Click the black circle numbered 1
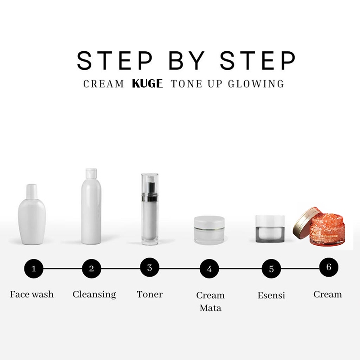click(x=34, y=268)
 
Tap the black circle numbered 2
click(x=91, y=268)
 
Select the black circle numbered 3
click(x=150, y=267)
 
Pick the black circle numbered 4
click(x=209, y=268)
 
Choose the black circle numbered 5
click(x=271, y=268)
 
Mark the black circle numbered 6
click(x=329, y=267)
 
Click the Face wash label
click(x=31, y=294)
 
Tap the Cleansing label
click(x=94, y=295)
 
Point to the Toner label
click(x=150, y=294)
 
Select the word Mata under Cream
click(x=211, y=308)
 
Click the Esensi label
click(x=271, y=295)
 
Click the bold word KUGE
click(x=148, y=84)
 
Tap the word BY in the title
click(x=187, y=60)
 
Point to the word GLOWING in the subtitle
click(x=256, y=84)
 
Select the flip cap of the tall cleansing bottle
click(x=91, y=173)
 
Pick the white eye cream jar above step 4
click(x=209, y=230)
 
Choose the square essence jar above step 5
click(x=270, y=229)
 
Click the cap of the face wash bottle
click(x=32, y=191)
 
